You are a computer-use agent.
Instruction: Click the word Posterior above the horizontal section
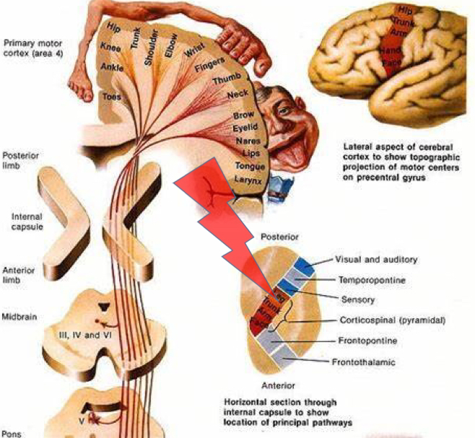[281, 236]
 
